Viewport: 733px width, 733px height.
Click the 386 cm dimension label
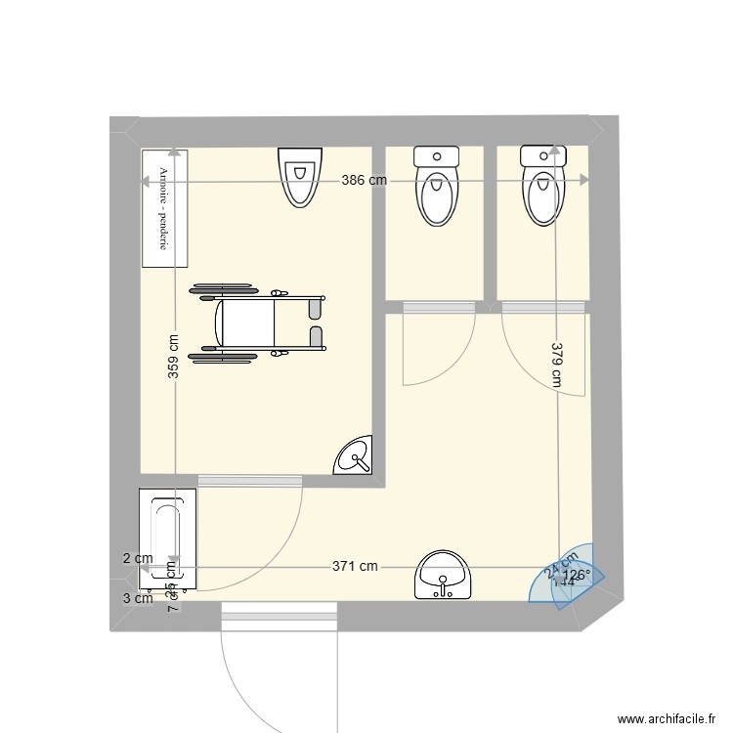[x=364, y=181]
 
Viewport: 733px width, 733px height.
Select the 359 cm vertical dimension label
[x=173, y=357]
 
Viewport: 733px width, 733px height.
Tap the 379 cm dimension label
[x=556, y=365]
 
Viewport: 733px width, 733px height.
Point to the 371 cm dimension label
[x=355, y=566]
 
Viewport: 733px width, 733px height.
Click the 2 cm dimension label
[x=137, y=558]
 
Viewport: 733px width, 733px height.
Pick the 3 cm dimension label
[x=137, y=599]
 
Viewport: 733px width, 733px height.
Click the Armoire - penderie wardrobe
[x=164, y=207]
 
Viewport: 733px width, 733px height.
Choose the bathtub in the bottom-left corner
[x=168, y=539]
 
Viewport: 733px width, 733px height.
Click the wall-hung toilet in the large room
[x=300, y=177]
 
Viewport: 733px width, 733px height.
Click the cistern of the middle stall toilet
[x=436, y=155]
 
